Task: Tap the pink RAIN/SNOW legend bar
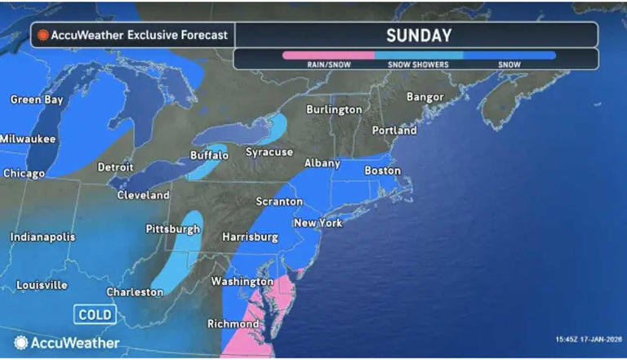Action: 328,56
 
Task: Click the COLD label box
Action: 95,314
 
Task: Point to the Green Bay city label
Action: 35,100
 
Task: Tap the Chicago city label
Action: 23,173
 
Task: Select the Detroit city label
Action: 115,167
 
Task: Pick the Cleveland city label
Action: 143,195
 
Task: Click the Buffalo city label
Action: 209,155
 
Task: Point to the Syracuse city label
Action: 270,153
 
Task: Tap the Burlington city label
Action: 334,109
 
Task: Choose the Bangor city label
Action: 425,97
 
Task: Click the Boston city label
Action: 382,171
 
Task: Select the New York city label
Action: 318,223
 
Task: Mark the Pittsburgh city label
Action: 173,229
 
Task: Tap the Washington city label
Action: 235,281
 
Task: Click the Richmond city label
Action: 234,323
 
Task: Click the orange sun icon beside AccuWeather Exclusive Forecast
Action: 42,35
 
